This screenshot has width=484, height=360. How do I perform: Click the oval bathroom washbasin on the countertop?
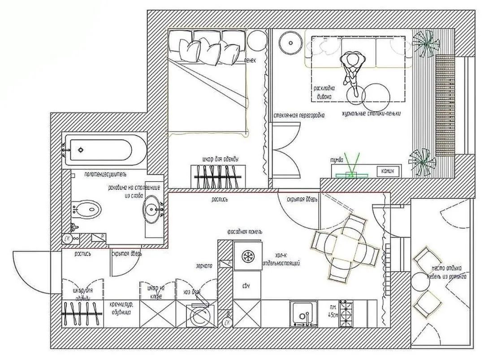click(x=153, y=208)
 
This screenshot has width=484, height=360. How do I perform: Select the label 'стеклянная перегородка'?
click(x=299, y=115)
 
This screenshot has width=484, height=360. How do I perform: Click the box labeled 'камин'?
click(x=387, y=170)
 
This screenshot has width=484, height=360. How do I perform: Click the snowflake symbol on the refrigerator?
click(x=247, y=256)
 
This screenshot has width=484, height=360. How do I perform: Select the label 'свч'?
click(x=246, y=286)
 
